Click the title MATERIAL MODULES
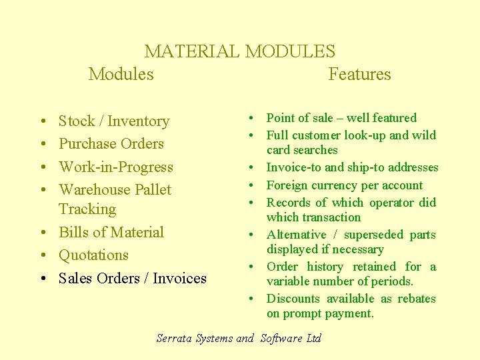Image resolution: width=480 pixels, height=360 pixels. (239, 51)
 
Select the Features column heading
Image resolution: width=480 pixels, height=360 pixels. (359, 74)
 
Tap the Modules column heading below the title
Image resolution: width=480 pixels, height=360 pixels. (121, 74)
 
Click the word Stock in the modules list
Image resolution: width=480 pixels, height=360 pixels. (77, 121)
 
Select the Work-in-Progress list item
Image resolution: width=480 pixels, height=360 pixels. (115, 167)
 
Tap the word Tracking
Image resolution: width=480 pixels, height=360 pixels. (87, 209)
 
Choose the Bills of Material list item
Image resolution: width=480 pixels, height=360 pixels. (111, 233)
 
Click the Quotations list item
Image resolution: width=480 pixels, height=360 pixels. (93, 255)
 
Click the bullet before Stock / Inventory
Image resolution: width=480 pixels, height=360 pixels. (41, 122)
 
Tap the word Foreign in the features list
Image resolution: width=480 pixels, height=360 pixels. (287, 185)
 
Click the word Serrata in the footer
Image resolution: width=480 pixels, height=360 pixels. (175, 338)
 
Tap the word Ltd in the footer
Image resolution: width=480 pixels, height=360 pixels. (313, 338)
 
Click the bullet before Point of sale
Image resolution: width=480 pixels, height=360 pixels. (256, 119)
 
